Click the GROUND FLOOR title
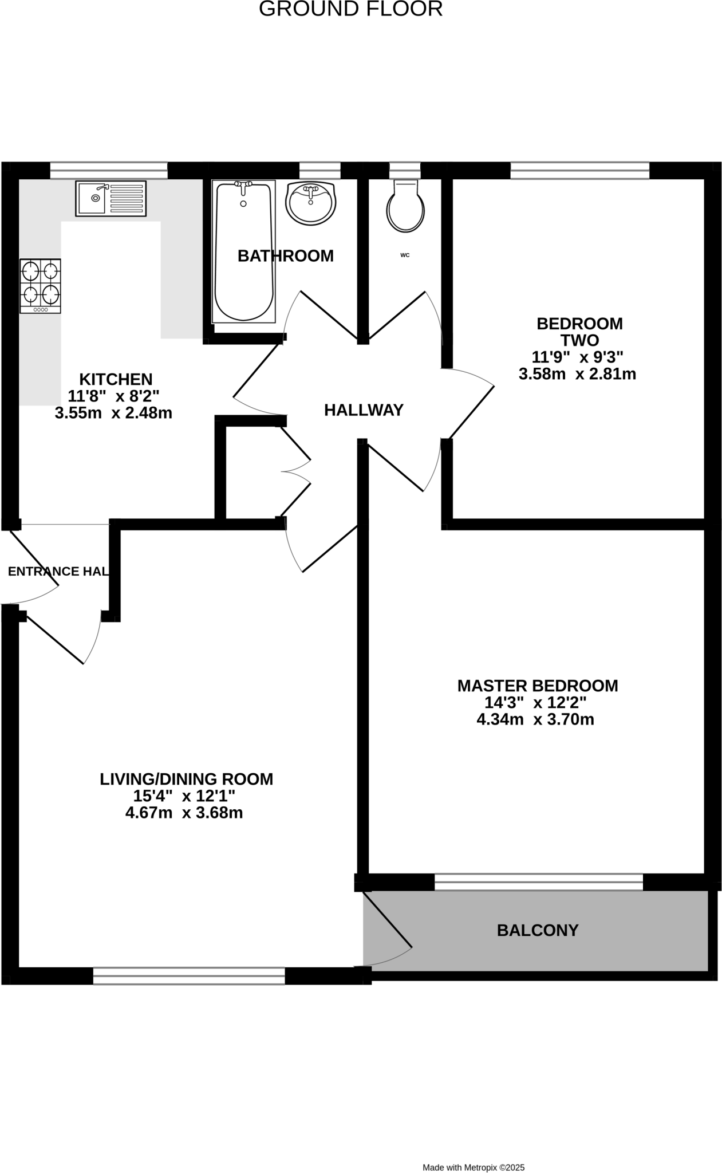point(350,9)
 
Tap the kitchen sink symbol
point(111,198)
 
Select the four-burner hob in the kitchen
point(40,286)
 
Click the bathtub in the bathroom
point(243,251)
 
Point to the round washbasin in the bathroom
point(310,203)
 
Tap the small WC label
point(405,255)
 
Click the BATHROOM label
point(285,256)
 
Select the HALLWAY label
point(364,410)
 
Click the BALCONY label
point(538,930)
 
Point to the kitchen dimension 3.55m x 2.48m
point(113,413)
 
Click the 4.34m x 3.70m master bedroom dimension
point(535,719)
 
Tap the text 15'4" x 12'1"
point(184,796)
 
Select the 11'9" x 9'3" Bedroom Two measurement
point(577,357)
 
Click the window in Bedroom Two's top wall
point(579,170)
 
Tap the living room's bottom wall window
point(189,976)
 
